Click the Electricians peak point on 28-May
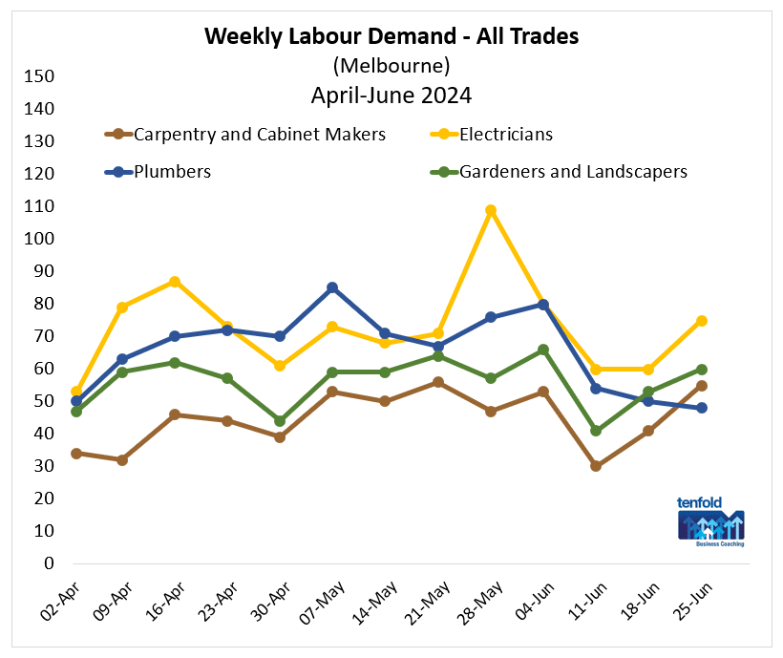point(491,210)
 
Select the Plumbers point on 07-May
point(332,287)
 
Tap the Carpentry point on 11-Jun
point(596,466)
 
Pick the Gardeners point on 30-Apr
point(280,421)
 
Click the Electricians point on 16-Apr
point(175,282)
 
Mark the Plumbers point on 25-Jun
point(702,408)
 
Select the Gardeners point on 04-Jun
point(543,350)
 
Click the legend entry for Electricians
point(506,135)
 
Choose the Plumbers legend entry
point(173,173)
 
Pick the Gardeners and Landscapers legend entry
point(573,173)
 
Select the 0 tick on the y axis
point(48,563)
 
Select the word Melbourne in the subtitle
point(391,66)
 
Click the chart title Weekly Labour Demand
point(391,36)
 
